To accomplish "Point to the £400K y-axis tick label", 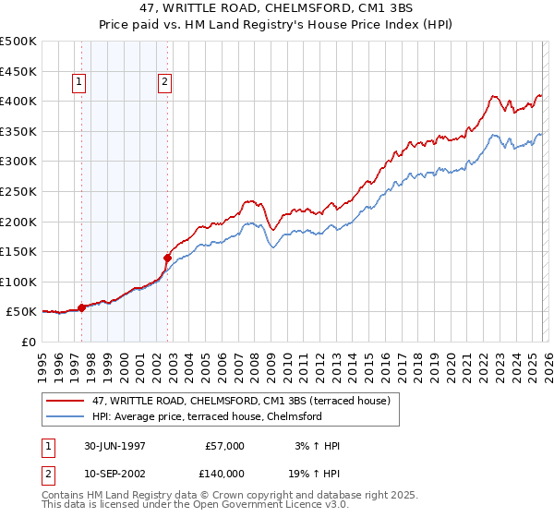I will (18, 101).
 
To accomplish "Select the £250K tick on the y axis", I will (18, 191).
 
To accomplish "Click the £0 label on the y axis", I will (28, 342).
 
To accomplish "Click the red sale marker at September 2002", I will (167, 258).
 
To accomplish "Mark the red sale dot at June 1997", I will (81, 307).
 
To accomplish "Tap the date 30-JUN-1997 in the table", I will (114, 446).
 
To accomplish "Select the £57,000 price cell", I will (223, 446).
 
